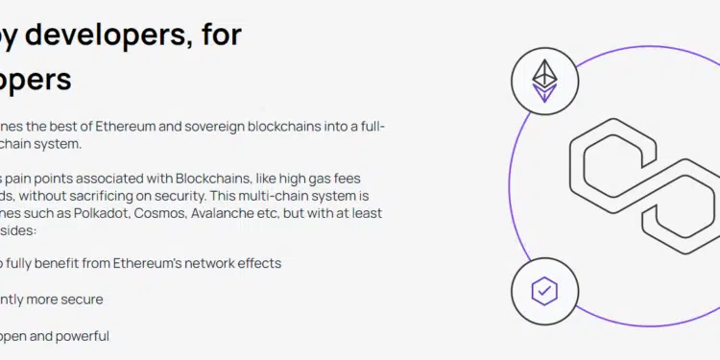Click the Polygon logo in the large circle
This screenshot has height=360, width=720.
pos(641,187)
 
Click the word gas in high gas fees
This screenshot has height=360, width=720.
pos(321,179)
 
